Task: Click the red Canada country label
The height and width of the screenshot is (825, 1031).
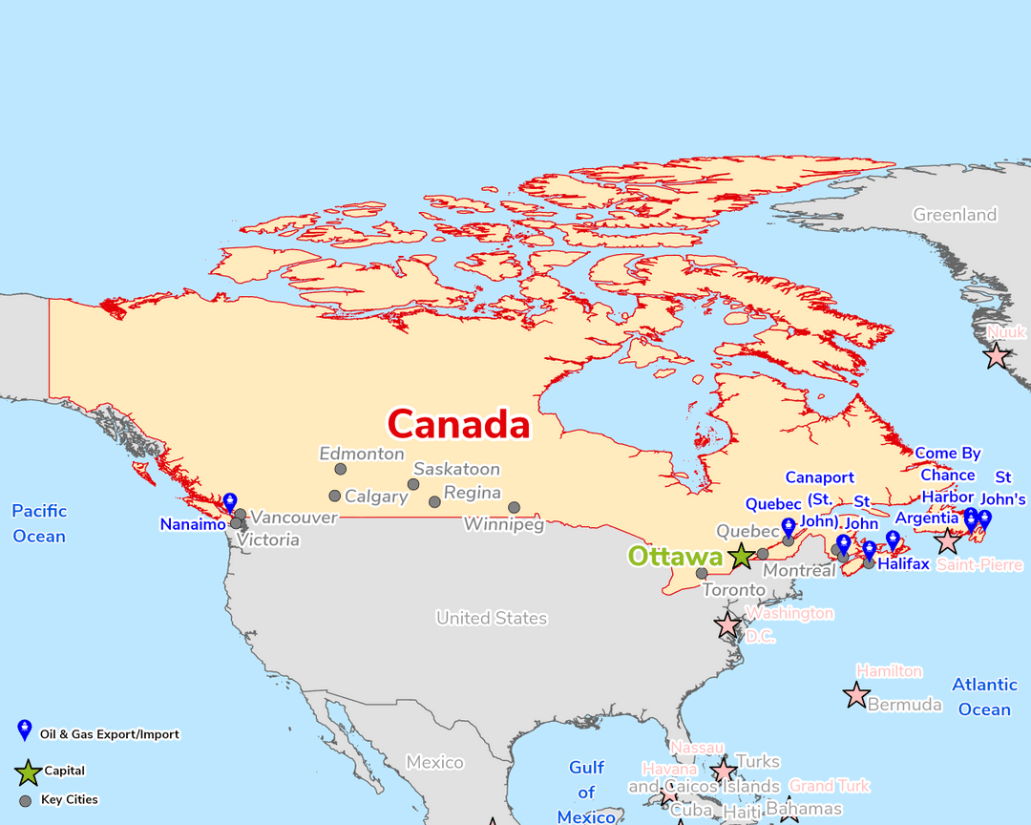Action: tap(458, 423)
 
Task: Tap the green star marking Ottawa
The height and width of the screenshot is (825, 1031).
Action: tap(741, 556)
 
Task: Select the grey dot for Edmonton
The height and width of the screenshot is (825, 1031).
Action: tap(341, 469)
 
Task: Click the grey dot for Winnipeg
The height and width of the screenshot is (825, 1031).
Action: tap(514, 508)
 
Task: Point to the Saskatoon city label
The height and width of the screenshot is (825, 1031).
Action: tap(456, 469)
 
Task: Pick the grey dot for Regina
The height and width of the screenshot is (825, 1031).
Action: tap(435, 502)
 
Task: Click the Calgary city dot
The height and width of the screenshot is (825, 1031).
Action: tap(335, 496)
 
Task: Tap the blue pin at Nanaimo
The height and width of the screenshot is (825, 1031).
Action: tap(229, 503)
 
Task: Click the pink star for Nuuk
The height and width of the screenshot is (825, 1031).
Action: tap(997, 356)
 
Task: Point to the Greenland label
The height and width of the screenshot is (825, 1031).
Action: tap(955, 215)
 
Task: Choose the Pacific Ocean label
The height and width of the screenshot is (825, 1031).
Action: tap(39, 523)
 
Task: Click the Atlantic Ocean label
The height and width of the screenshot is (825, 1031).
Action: tap(984, 697)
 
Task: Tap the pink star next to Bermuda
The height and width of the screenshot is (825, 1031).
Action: tap(856, 695)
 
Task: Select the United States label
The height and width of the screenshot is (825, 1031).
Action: tap(492, 618)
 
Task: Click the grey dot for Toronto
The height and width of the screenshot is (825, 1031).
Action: tap(702, 574)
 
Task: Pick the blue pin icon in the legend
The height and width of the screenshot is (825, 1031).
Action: tap(25, 731)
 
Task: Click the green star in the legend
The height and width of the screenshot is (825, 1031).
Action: tap(28, 772)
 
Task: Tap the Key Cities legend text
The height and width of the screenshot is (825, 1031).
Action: tap(70, 800)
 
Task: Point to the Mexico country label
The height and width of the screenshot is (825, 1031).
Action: tap(434, 762)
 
